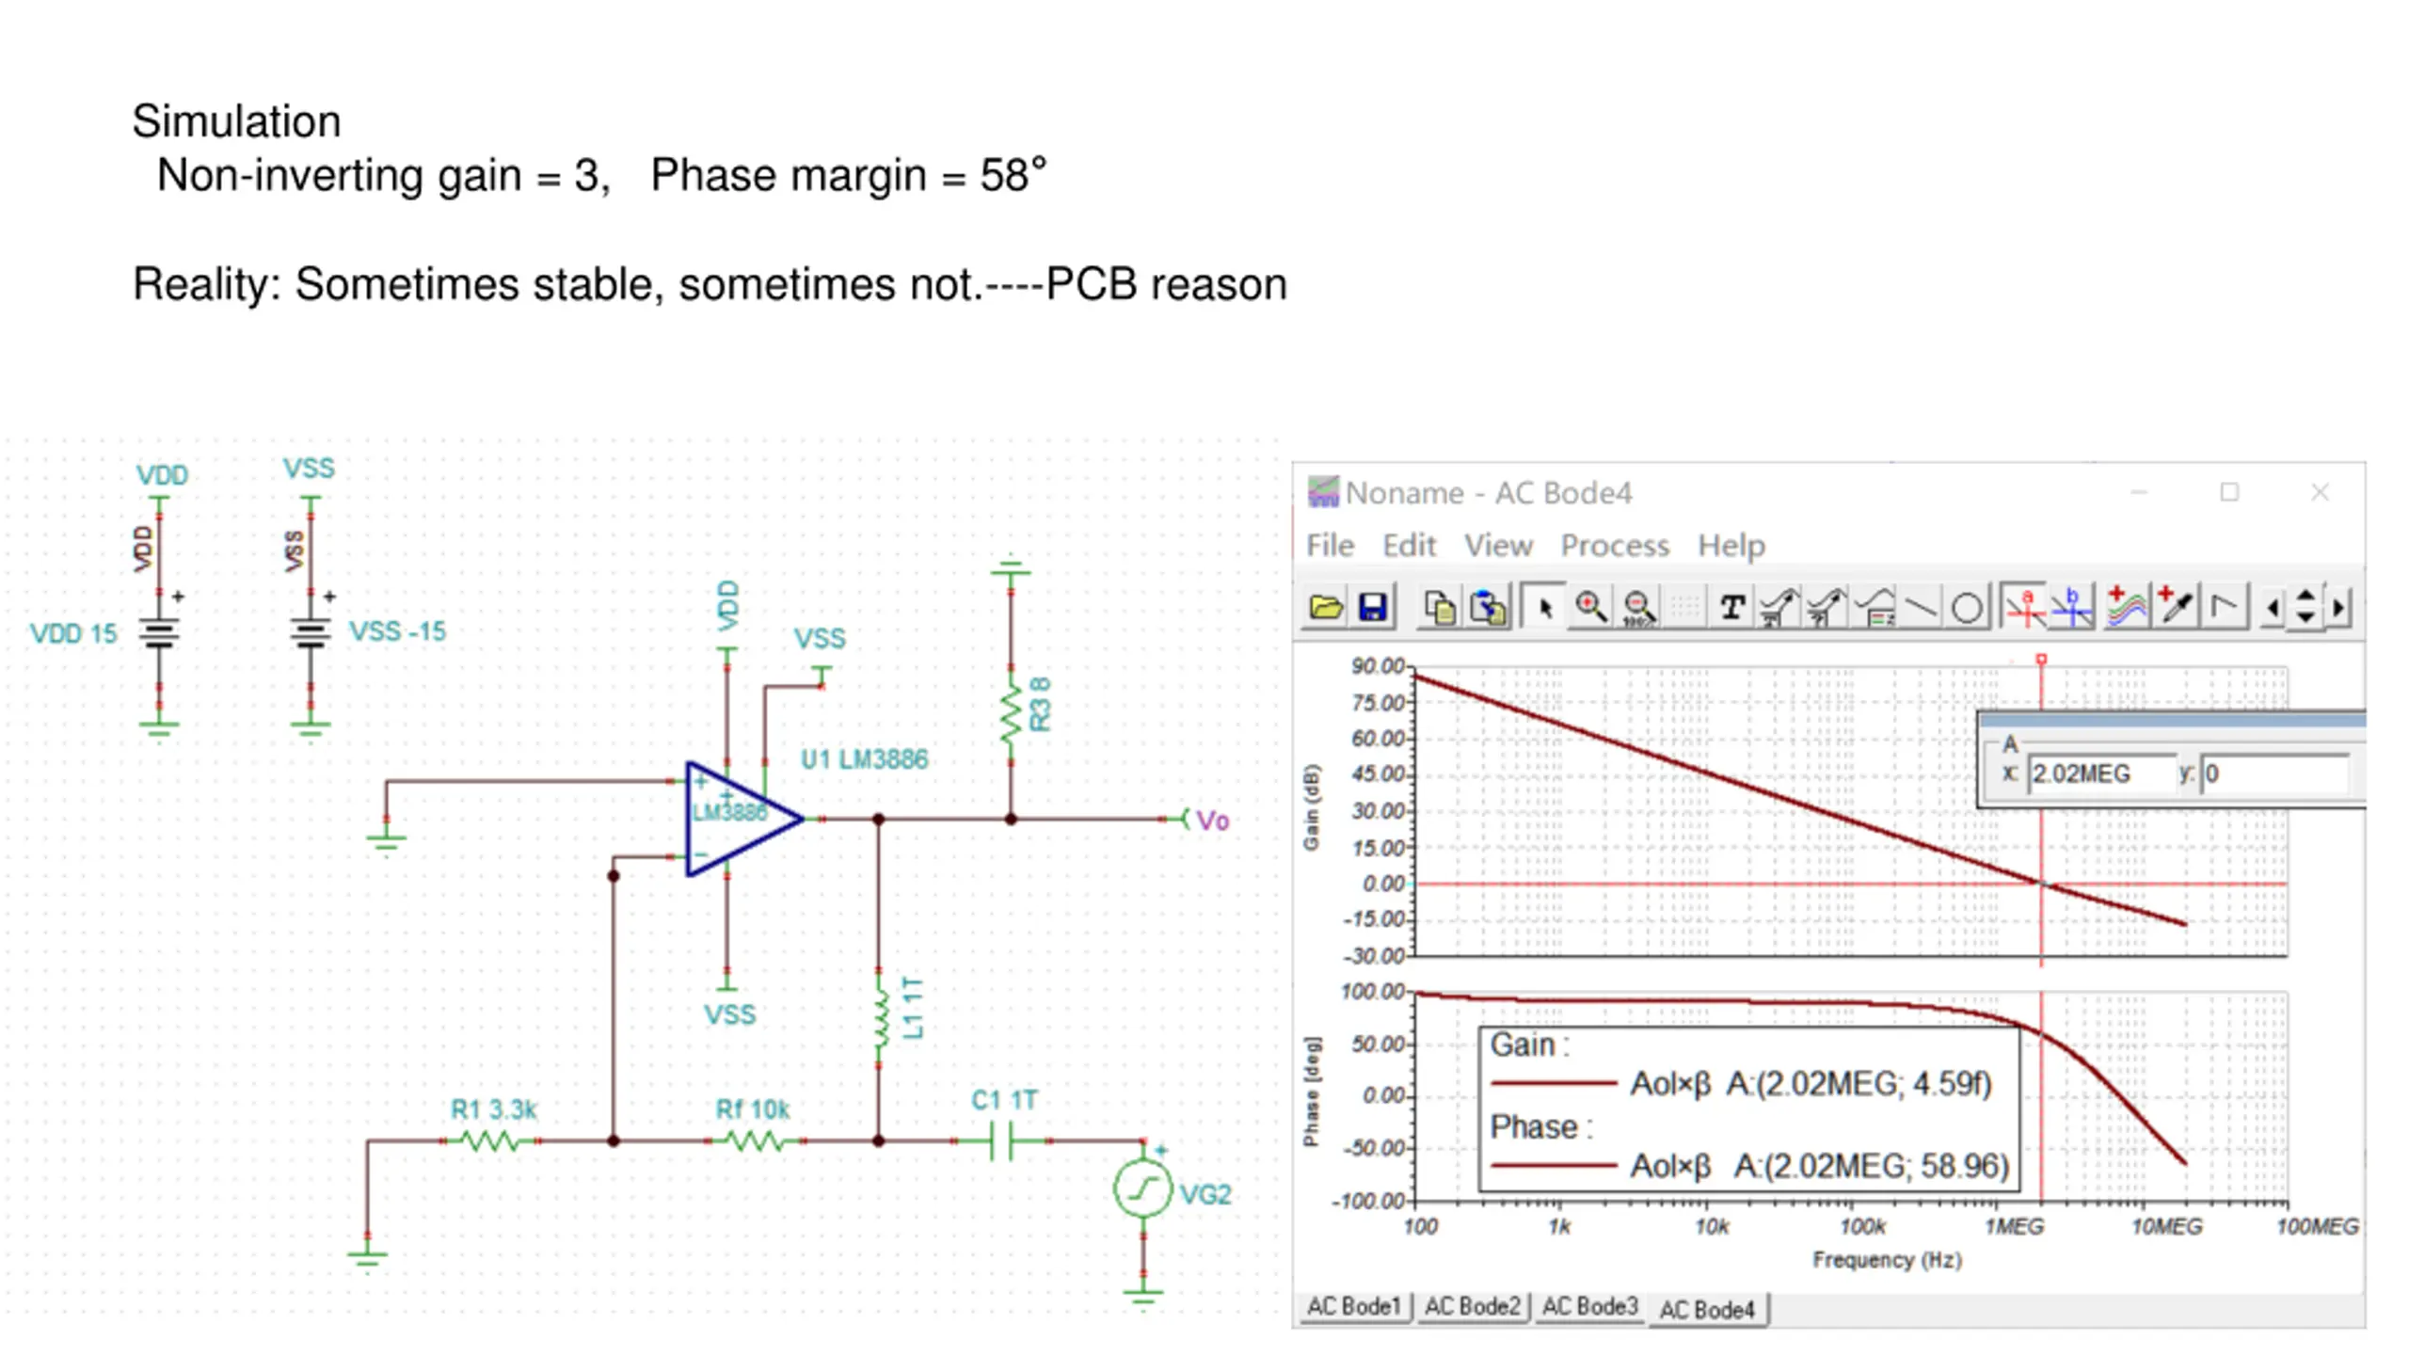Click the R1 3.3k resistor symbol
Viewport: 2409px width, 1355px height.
pyautogui.click(x=490, y=1141)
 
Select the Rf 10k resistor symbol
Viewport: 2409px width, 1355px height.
pyautogui.click(x=754, y=1141)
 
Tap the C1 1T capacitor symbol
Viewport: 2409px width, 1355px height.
pyautogui.click(x=1002, y=1141)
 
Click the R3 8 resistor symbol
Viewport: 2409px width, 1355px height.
pyautogui.click(x=1011, y=713)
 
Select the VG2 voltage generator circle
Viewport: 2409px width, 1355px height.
pyautogui.click(x=1142, y=1190)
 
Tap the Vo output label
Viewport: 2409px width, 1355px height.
pyautogui.click(x=1212, y=821)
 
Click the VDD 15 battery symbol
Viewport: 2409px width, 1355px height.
pyautogui.click(x=159, y=633)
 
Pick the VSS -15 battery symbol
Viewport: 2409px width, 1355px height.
pyautogui.click(x=311, y=633)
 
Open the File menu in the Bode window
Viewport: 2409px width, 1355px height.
pyautogui.click(x=1330, y=546)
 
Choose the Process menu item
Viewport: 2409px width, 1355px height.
pyautogui.click(x=1614, y=546)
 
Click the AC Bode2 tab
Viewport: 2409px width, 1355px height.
pyautogui.click(x=1472, y=1307)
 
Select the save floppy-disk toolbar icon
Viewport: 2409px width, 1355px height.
pyautogui.click(x=1373, y=607)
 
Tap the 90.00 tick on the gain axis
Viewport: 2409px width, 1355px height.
pyautogui.click(x=1378, y=666)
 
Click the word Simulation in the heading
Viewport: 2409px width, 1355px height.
pyautogui.click(x=236, y=121)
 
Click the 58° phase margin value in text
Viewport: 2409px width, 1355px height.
pyautogui.click(x=1013, y=175)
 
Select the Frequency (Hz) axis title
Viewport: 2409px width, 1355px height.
pyautogui.click(x=1887, y=1260)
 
